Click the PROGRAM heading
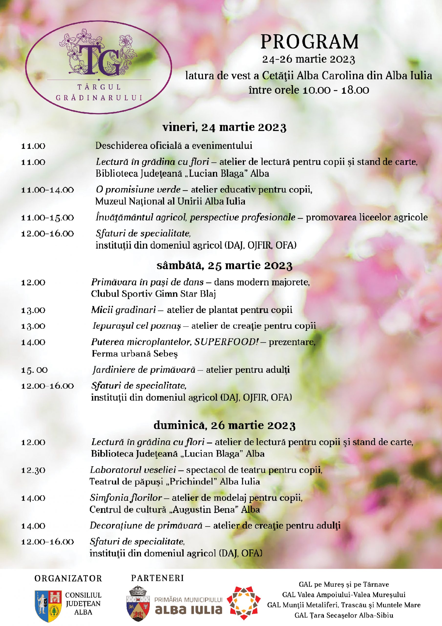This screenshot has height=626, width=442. pos(309,42)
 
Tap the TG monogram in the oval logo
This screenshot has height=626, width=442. pos(99,60)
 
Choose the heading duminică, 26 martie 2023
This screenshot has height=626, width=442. pos(224,425)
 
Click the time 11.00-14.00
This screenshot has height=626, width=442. pos(47,190)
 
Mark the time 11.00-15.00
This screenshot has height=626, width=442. pos(47,218)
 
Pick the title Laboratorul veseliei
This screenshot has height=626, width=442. pos(133,470)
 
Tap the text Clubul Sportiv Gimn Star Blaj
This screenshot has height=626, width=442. pos(153,294)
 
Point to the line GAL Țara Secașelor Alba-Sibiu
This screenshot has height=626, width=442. pos(344,615)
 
